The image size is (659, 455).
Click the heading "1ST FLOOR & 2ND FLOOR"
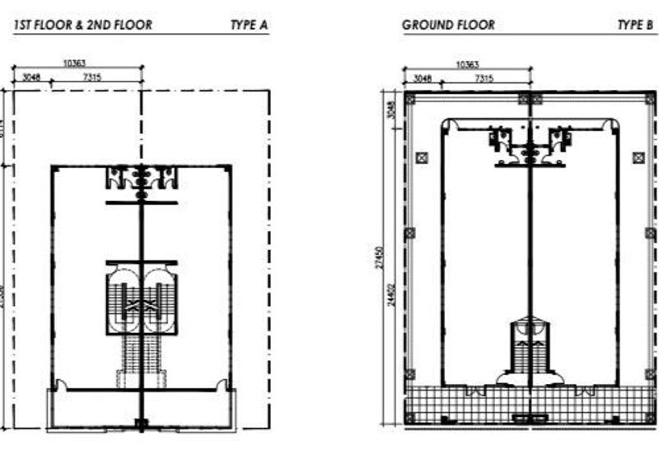click(83, 25)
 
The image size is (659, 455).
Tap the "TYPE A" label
click(249, 25)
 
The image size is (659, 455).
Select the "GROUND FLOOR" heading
click(448, 25)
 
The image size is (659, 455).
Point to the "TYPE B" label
click(635, 25)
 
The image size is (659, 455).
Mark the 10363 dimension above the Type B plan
click(466, 64)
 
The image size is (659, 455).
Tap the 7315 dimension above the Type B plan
click(484, 78)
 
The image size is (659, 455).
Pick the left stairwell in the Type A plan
click(124, 300)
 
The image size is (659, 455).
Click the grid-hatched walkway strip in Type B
click(527, 399)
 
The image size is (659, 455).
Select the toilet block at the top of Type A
click(141, 177)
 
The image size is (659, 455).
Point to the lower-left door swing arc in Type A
click(59, 382)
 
